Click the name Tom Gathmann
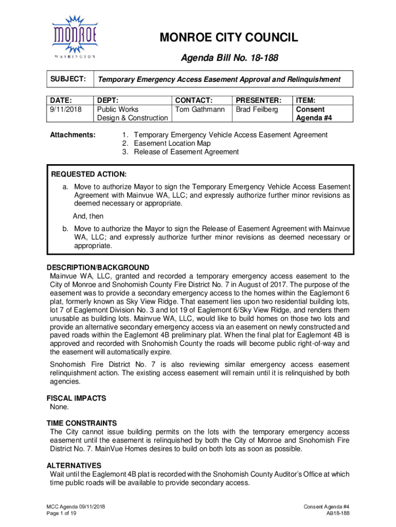(x=200, y=109)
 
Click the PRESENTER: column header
(x=259, y=100)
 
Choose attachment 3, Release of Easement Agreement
(x=181, y=152)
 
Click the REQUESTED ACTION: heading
(x=88, y=174)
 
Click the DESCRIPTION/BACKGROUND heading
(x=98, y=267)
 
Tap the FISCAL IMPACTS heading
(x=76, y=398)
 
